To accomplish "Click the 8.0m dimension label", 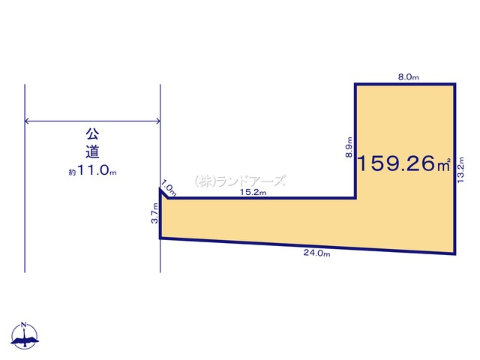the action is tap(408, 77).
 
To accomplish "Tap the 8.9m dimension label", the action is tap(349, 147).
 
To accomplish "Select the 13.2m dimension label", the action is tap(460, 170).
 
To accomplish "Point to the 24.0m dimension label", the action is tap(316, 253).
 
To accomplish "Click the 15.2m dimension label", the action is tap(253, 192).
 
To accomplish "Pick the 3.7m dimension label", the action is tap(155, 213).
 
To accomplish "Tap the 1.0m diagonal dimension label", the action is tap(169, 187).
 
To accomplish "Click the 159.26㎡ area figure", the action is tap(403, 163).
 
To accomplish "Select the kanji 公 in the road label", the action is tap(92, 133).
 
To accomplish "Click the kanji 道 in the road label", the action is tap(92, 152).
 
